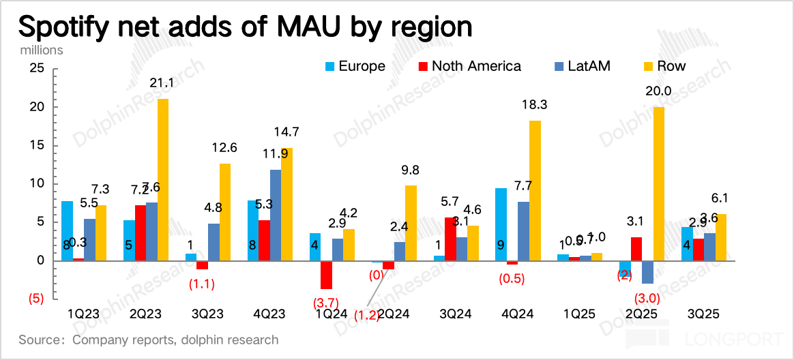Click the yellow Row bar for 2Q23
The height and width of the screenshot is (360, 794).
point(163,179)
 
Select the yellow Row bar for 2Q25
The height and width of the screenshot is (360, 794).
point(658,183)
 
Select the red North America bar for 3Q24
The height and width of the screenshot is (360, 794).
point(450,239)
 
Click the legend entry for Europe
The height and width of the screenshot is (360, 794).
point(355,66)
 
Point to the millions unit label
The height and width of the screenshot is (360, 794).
point(41,50)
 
